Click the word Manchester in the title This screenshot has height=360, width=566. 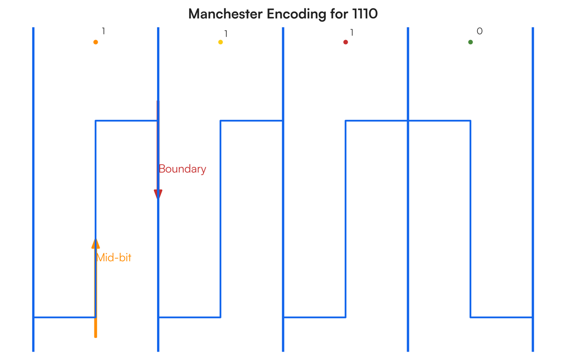tap(225, 14)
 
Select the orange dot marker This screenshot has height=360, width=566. tap(95, 42)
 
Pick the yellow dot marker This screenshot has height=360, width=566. tap(221, 42)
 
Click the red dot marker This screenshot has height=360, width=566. tap(346, 42)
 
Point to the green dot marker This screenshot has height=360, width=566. tap(471, 42)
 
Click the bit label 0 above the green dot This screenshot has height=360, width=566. tap(480, 31)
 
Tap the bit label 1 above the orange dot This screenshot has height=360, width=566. tap(103, 31)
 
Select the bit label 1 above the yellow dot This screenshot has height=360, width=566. tap(226, 33)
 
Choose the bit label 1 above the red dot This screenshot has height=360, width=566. tap(352, 33)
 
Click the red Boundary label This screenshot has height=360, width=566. tap(182, 169)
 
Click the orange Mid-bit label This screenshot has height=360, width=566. tap(114, 258)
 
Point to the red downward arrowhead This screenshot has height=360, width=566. tap(158, 194)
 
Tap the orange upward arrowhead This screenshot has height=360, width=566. tap(95, 243)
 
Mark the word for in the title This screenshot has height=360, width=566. tap(339, 14)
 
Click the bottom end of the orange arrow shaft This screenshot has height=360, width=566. tap(95, 337)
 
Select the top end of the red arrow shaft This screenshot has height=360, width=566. tap(158, 101)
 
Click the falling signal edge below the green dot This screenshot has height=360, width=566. tap(471, 219)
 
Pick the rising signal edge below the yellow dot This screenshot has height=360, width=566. tap(221, 219)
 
